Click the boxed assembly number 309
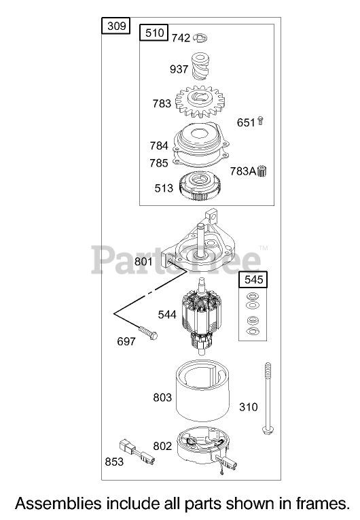116,26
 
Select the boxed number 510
154,33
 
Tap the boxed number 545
253,279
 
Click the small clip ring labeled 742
200,38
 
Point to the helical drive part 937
200,67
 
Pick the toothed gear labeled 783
200,102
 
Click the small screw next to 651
260,121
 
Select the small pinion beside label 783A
262,171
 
